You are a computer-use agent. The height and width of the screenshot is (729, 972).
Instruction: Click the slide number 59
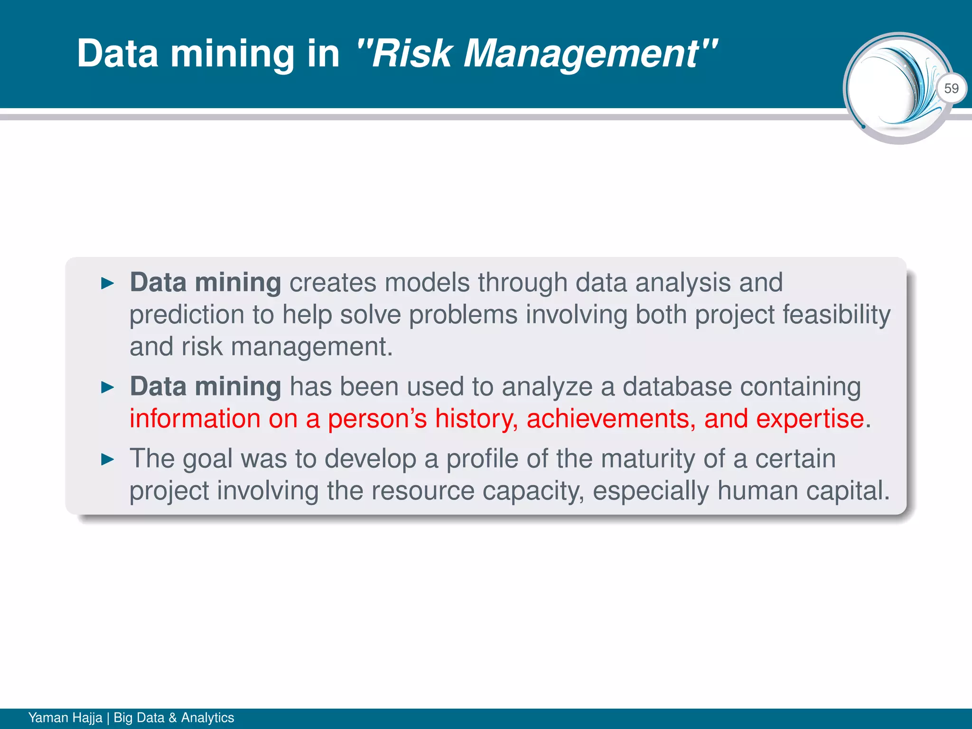(951, 89)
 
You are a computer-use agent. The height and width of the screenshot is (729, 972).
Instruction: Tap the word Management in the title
(580, 53)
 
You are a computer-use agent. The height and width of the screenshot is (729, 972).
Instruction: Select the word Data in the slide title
(117, 53)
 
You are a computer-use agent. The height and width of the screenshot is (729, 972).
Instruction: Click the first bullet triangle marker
(108, 284)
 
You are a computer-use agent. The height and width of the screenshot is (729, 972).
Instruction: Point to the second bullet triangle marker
(108, 388)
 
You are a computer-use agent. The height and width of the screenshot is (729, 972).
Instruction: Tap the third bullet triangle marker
(108, 459)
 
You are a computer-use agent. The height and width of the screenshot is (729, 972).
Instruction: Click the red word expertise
(810, 419)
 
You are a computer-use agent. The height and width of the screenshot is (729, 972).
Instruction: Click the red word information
(195, 419)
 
